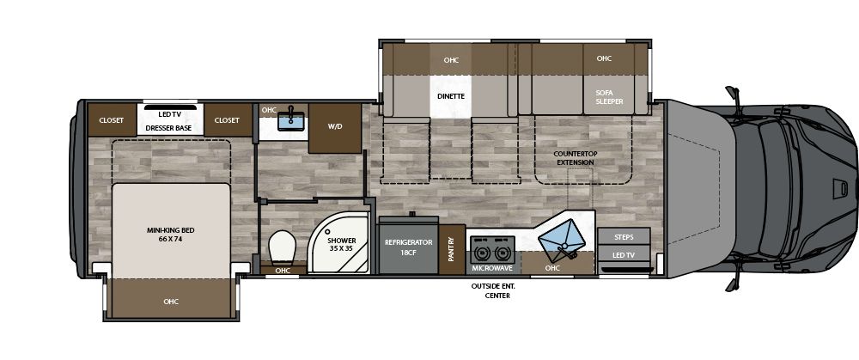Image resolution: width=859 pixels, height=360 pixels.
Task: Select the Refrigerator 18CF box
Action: [x=408, y=248]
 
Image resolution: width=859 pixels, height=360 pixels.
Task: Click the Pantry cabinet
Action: [x=451, y=249]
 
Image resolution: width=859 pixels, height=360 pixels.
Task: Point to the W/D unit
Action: [x=334, y=127]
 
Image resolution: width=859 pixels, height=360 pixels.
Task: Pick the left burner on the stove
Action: [x=482, y=253]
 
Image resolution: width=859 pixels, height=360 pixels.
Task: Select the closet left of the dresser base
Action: [x=112, y=120]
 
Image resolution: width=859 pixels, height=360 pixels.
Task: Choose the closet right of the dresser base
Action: [x=227, y=120]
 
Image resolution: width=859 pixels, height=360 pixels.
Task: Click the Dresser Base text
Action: [x=168, y=128]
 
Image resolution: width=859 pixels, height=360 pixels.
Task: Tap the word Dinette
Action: [x=451, y=96]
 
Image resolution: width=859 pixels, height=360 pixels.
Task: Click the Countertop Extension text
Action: [x=575, y=158]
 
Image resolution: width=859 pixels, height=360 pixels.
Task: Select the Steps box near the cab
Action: [x=624, y=236]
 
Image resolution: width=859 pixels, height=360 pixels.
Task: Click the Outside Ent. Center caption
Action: [x=491, y=290]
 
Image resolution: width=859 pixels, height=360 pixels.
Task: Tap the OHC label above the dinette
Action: [x=451, y=60]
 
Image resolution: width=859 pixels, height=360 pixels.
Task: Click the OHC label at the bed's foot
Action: [x=170, y=302]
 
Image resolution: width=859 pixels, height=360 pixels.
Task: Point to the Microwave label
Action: [x=492, y=268]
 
